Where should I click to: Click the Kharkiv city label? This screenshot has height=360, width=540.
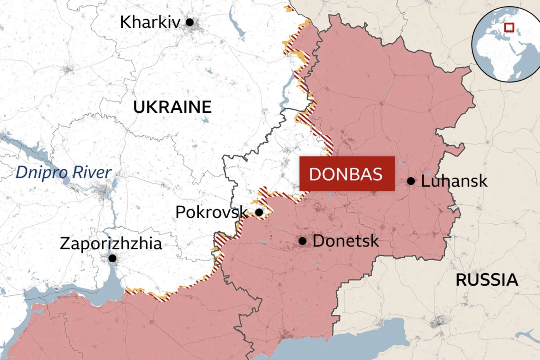(150, 22)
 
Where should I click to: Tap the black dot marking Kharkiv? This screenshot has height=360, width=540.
(190, 22)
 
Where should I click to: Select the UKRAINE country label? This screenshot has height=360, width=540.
(172, 107)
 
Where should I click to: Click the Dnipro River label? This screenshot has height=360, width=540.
(63, 172)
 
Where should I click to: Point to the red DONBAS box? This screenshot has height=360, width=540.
(347, 174)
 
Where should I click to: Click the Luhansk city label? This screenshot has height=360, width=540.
(454, 181)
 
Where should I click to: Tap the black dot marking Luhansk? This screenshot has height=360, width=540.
(411, 181)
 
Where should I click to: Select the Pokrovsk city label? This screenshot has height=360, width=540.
(211, 212)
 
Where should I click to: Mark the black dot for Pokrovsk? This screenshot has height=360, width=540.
(259, 212)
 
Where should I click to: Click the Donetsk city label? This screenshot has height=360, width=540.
(345, 241)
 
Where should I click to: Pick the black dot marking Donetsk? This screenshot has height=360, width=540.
(303, 241)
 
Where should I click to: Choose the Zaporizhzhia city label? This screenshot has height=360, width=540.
(111, 244)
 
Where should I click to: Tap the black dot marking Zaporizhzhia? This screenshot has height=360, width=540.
(112, 258)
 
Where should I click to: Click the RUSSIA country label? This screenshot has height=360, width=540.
(487, 280)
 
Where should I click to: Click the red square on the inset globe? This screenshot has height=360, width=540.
(509, 27)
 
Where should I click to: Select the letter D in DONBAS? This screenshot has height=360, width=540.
(315, 174)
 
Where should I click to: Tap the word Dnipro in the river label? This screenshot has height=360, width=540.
(42, 173)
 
